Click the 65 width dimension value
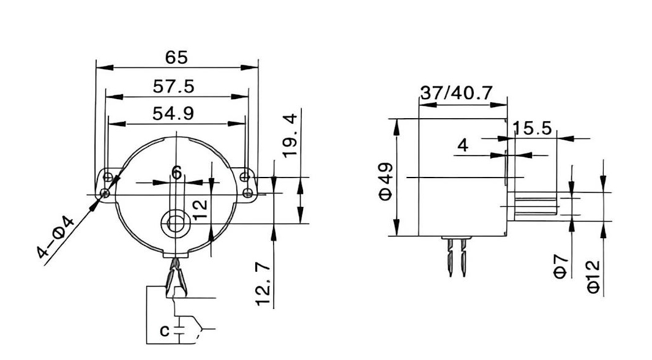pyautogui.click(x=176, y=58)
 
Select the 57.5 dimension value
pyautogui.click(x=173, y=86)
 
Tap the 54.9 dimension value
pyautogui.click(x=173, y=113)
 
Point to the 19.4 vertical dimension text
pyautogui.click(x=290, y=135)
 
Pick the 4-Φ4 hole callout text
pyautogui.click(x=55, y=238)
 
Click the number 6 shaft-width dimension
pyautogui.click(x=177, y=173)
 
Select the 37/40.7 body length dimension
pyautogui.click(x=456, y=92)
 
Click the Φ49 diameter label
pyautogui.click(x=386, y=181)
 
